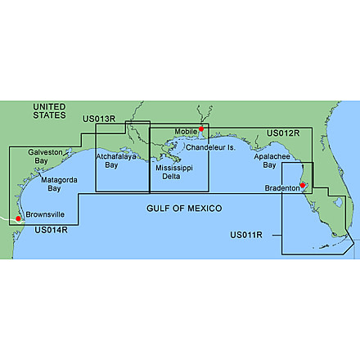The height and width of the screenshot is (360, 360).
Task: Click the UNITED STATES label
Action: point(48,111)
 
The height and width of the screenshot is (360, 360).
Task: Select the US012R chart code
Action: point(284,132)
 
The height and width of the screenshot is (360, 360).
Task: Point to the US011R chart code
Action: point(245,236)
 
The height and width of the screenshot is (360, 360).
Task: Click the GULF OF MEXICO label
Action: point(184,209)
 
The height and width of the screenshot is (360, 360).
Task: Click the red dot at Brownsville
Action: point(17,218)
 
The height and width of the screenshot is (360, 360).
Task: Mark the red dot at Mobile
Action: point(200,129)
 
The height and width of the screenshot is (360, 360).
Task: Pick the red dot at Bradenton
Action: point(303,186)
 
